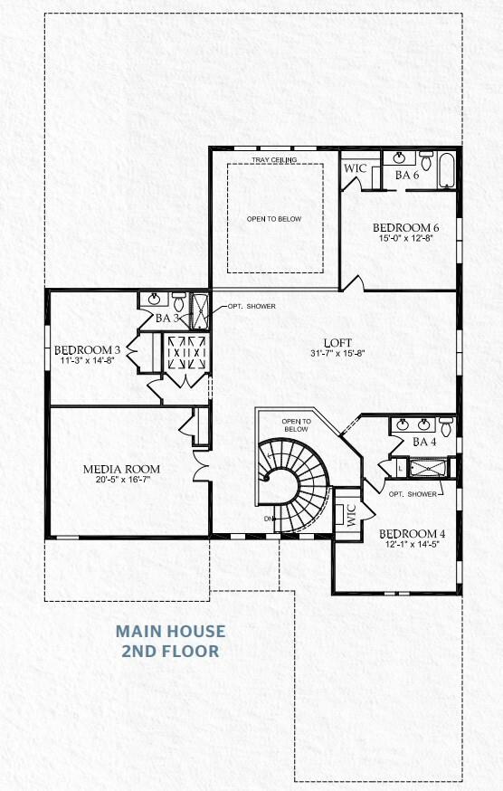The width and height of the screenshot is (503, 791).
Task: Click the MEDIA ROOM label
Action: (x=121, y=469)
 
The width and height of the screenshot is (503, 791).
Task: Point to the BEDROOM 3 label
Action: (x=88, y=350)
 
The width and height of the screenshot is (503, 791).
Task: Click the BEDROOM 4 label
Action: (x=413, y=533)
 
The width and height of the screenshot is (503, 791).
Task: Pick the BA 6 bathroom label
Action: (x=407, y=175)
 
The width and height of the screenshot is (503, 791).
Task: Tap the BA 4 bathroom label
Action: (x=424, y=443)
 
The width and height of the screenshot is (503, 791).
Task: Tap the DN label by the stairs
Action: (x=269, y=519)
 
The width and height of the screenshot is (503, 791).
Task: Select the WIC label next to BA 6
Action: (x=354, y=168)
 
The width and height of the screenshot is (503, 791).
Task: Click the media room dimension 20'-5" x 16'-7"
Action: (x=121, y=481)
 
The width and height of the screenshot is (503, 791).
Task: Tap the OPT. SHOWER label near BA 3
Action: (x=251, y=306)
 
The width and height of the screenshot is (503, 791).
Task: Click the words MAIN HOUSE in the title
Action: (x=170, y=631)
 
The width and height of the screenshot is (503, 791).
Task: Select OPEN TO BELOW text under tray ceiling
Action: (x=274, y=219)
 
